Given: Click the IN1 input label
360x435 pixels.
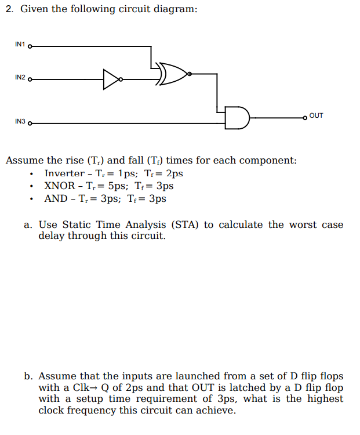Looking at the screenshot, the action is [20, 45].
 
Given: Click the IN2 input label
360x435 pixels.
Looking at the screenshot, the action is [20, 78].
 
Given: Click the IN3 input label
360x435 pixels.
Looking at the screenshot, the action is [20, 122].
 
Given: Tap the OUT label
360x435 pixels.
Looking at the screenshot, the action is [317, 115].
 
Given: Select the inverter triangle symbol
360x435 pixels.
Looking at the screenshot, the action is [112, 79].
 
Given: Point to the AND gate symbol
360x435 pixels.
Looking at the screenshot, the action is [238, 117].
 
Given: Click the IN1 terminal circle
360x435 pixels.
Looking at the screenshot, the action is [30, 46].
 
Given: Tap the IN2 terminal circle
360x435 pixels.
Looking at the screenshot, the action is [30, 79].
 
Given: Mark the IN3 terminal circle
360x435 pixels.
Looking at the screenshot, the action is [30, 124].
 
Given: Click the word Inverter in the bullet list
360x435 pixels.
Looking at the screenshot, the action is [64, 173].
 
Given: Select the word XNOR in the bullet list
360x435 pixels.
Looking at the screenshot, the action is [60, 186].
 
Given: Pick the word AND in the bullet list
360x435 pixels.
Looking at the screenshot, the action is [56, 199].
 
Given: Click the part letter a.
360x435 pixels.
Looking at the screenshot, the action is [27, 225].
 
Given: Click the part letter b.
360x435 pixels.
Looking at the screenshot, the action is [27, 376].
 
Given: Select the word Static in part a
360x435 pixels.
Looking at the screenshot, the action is [77, 225].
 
